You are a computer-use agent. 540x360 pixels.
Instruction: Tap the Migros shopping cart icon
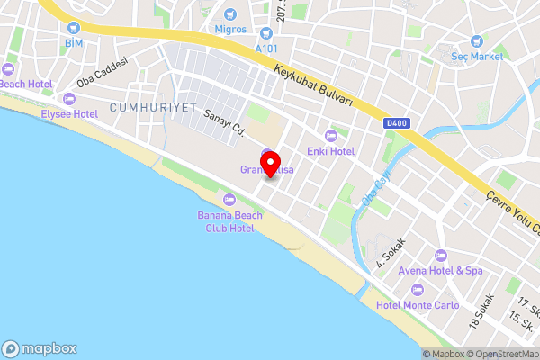(x=229, y=14)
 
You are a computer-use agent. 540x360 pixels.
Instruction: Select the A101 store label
(x=266, y=48)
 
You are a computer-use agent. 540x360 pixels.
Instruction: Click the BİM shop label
(x=73, y=42)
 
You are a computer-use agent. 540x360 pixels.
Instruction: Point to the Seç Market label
(x=476, y=56)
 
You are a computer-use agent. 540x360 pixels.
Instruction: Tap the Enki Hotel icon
(x=331, y=136)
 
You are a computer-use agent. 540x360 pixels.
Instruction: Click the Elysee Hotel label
(x=68, y=114)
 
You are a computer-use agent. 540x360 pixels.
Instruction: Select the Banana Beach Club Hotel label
(x=226, y=221)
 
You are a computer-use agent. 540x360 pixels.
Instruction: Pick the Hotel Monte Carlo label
(x=417, y=304)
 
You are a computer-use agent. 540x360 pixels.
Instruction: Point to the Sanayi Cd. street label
(x=225, y=123)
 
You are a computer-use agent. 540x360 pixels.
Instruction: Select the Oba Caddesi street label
(x=103, y=78)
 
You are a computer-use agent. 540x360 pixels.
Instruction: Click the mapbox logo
(x=40, y=348)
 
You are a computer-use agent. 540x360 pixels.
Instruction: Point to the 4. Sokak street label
(x=392, y=254)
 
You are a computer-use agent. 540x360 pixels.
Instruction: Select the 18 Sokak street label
(x=482, y=310)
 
